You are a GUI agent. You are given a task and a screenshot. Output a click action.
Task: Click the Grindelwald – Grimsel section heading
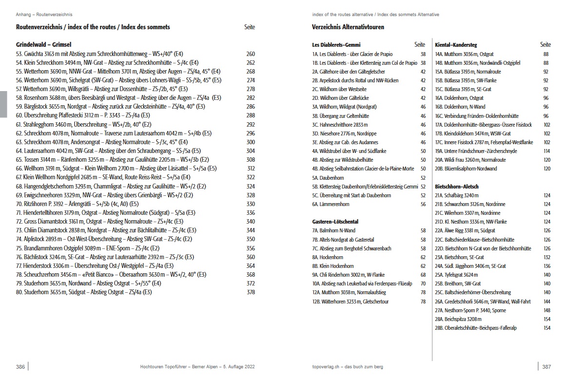coord(44,44)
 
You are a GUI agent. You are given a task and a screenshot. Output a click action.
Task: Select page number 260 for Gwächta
coord(251,54)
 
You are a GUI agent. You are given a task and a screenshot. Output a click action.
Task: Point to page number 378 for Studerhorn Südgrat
coord(251,292)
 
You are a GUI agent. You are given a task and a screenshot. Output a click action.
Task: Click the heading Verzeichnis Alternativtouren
coord(348,27)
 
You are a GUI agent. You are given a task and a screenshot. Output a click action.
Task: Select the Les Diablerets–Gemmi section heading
coord(336,45)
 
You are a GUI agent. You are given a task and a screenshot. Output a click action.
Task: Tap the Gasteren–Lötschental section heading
coord(335,222)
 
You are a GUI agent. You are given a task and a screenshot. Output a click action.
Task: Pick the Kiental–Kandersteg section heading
coord(455,45)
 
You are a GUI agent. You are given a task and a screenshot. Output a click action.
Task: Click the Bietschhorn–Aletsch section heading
coord(456,187)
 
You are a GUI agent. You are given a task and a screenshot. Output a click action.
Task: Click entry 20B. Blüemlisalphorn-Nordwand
coord(466,169)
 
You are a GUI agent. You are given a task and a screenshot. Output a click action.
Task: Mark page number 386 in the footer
coord(20,366)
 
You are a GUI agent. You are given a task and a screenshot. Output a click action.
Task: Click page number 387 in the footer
coord(546,366)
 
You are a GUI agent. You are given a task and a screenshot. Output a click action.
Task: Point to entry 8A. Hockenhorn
coord(328,257)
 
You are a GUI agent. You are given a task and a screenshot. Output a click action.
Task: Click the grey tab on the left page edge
coord(3,104)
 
